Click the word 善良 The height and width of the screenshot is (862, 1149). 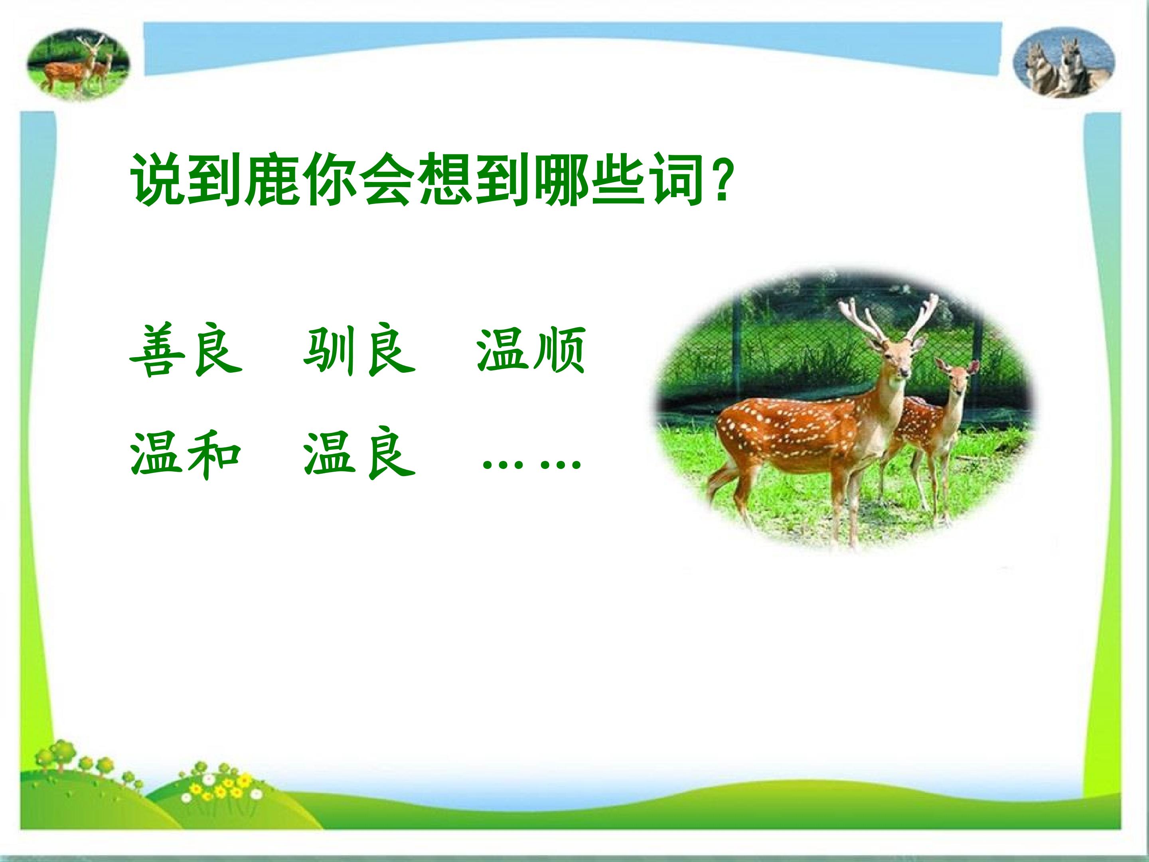tap(186, 351)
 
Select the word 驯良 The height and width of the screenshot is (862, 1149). tap(359, 351)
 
